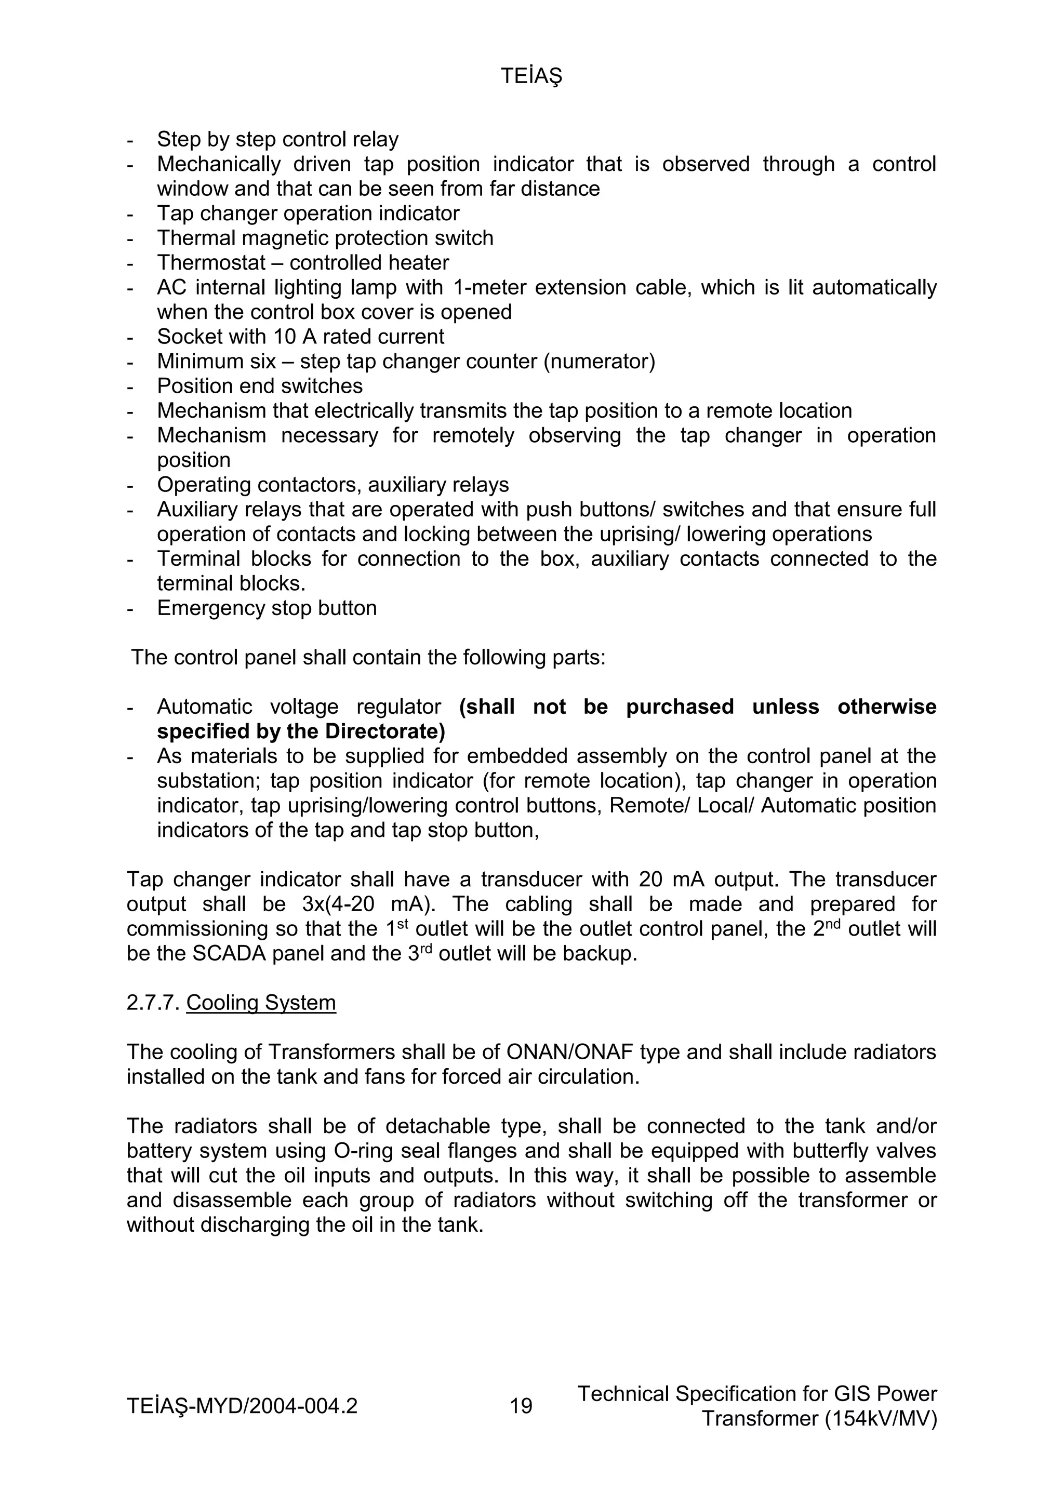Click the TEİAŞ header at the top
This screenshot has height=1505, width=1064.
pos(531,77)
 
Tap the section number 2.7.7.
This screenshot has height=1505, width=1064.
pos(153,1003)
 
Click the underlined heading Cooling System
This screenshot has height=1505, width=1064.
pos(261,1003)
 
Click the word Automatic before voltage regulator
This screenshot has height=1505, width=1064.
pos(205,707)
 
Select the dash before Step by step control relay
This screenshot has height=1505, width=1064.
pos(130,140)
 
